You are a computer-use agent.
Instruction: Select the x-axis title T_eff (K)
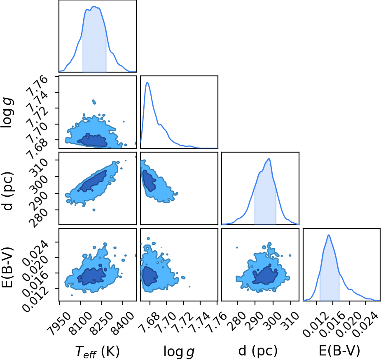pyautogui.click(x=98, y=351)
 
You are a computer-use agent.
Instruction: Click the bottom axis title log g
pyautogui.click(x=179, y=351)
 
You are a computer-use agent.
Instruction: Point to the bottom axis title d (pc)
pyautogui.click(x=258, y=351)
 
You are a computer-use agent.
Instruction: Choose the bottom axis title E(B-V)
pyautogui.click(x=339, y=351)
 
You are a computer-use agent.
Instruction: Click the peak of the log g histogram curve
pyautogui.click(x=147, y=82)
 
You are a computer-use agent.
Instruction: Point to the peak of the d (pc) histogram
pyautogui.click(x=269, y=159)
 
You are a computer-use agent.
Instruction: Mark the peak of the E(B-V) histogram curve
pyautogui.click(x=329, y=235)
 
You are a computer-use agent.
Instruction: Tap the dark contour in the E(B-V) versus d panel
pyautogui.click(x=265, y=275)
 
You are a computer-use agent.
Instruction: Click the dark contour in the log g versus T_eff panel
pyautogui.click(x=93, y=141)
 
